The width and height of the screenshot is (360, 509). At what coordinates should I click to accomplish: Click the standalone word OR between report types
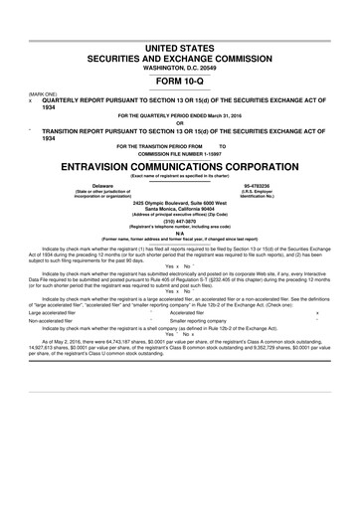click(180, 123)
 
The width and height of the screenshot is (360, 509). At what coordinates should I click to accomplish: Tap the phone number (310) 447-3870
click(180, 224)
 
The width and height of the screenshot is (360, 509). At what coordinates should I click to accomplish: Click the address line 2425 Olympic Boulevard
click(180, 204)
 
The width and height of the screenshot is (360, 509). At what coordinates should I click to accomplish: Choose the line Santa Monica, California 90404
click(180, 210)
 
